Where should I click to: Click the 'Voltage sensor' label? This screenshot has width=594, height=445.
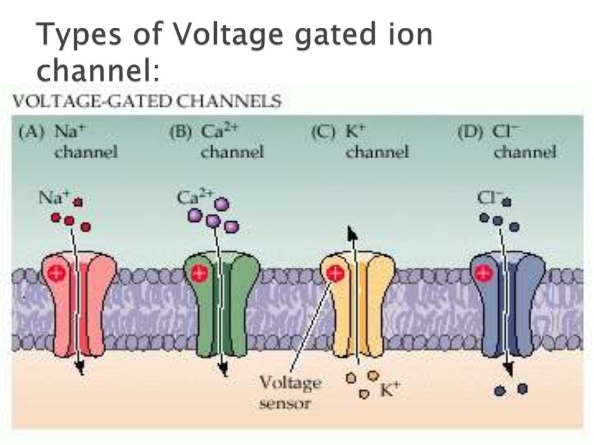pyautogui.click(x=289, y=392)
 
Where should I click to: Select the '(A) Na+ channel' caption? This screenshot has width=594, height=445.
pyautogui.click(x=68, y=142)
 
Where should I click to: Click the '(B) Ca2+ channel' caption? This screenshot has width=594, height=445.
pyautogui.click(x=216, y=142)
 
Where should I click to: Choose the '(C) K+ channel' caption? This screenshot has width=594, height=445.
pyautogui.click(x=360, y=142)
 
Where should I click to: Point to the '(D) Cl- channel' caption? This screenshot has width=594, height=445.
pyautogui.click(x=506, y=142)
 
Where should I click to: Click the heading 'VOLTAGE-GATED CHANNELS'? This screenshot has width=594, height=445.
pyautogui.click(x=147, y=102)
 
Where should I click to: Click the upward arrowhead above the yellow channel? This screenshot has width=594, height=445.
pyautogui.click(x=351, y=233)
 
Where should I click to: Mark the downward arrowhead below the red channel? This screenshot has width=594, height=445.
pyautogui.click(x=80, y=369)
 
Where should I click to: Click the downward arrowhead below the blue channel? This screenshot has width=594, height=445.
pyautogui.click(x=509, y=369)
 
